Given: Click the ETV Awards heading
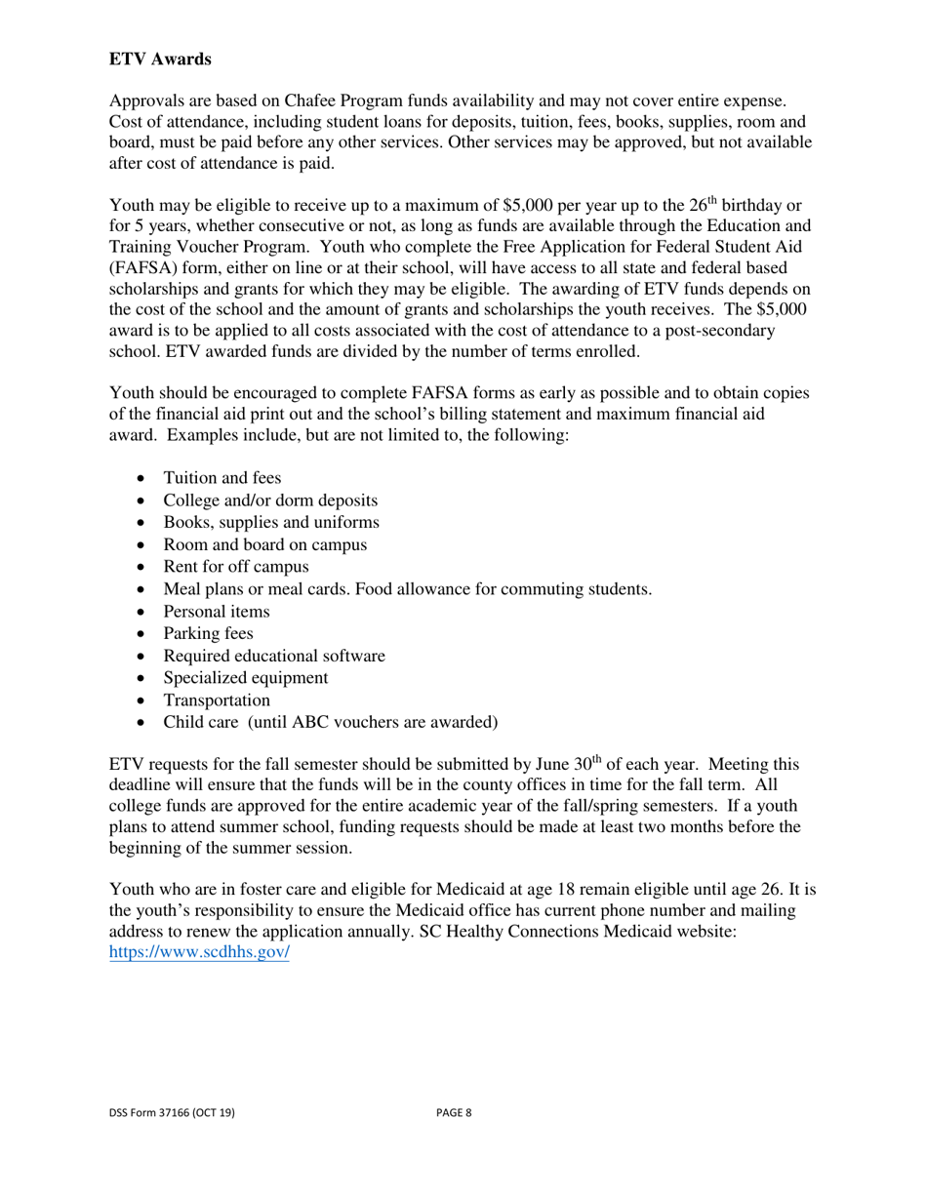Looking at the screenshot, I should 160,60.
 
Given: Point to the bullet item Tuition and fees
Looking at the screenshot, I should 222,477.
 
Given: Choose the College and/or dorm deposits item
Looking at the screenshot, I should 270,500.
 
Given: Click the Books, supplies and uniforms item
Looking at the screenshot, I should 271,522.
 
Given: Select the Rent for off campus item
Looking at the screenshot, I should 236,566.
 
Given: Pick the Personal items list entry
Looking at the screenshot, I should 217,611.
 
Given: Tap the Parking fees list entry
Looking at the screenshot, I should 208,633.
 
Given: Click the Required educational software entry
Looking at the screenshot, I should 274,656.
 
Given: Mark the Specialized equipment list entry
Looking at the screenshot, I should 246,678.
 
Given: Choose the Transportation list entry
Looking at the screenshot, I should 217,700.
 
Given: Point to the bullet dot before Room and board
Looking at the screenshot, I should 143,545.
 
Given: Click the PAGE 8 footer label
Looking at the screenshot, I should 454,1112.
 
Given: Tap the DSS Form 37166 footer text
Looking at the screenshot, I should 172,1112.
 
